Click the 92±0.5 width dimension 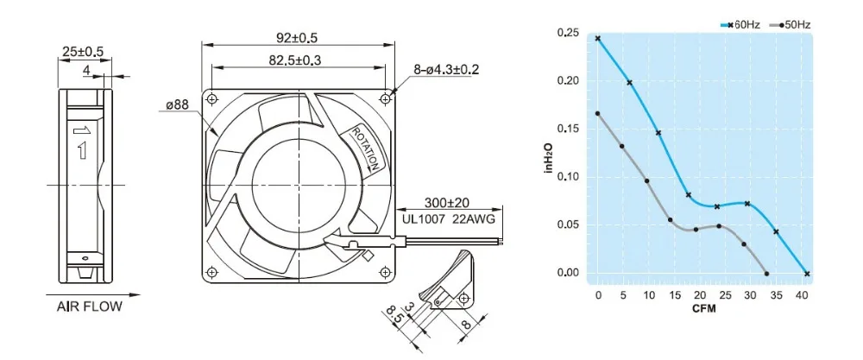point(297,38)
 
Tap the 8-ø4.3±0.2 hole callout point(446,70)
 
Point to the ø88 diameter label point(177,104)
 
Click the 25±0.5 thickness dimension point(83,52)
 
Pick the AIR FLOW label point(89,306)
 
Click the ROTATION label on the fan point(365,148)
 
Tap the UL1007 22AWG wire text point(448,219)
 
